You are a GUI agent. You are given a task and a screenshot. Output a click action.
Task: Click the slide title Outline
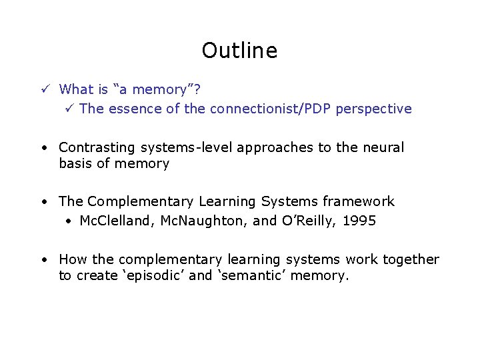(x=239, y=51)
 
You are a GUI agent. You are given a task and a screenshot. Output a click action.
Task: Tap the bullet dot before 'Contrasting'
(x=42, y=148)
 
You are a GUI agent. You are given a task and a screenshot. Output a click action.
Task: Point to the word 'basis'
(x=75, y=163)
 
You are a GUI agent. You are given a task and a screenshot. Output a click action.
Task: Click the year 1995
(x=360, y=221)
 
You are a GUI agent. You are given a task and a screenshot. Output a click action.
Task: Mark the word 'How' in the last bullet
(x=71, y=259)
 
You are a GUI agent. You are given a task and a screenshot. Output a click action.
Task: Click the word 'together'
(x=411, y=259)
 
